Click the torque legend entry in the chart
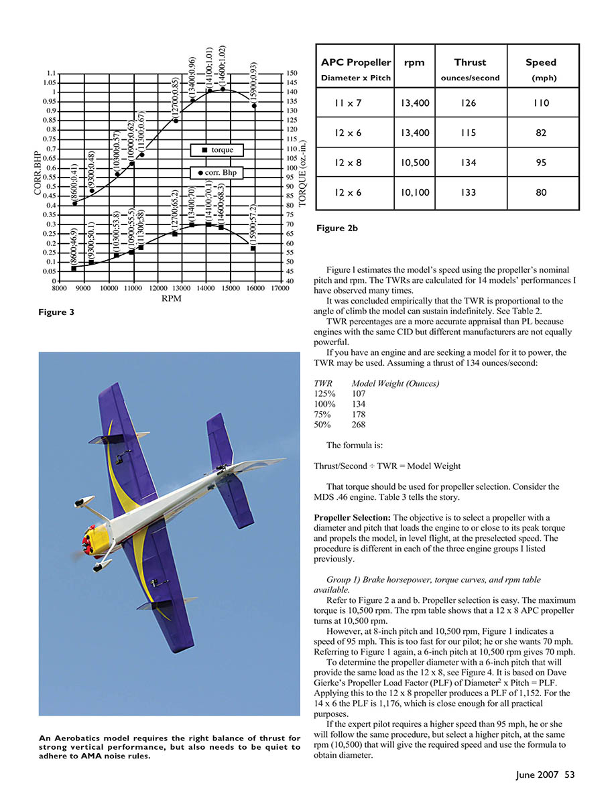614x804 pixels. [x=218, y=149]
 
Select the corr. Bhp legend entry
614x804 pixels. [x=218, y=173]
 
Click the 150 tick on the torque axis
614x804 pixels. [x=292, y=73]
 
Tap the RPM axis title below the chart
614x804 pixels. [x=170, y=299]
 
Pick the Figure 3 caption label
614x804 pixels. [x=56, y=312]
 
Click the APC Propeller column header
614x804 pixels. [x=355, y=62]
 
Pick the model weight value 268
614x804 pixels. [x=360, y=425]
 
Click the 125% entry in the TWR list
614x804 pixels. [x=324, y=395]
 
